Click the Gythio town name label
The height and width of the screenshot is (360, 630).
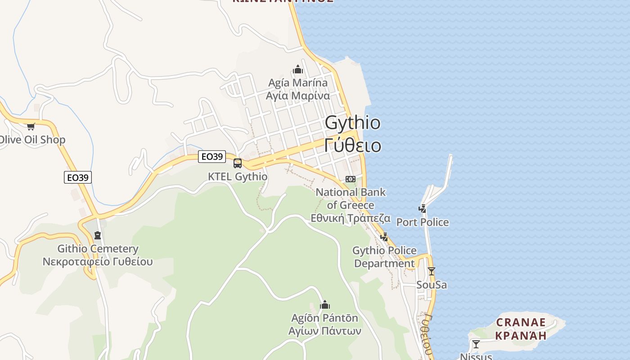pos(352,122)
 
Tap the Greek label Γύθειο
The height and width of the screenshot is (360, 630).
pos(352,145)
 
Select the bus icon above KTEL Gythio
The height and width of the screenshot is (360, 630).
pos(238,163)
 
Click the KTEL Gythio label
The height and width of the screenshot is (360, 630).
pos(238,176)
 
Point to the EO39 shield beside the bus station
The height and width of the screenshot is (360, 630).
pos(212,157)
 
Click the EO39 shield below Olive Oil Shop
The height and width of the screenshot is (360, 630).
pos(78,177)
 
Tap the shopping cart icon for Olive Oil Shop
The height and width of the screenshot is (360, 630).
pos(31,126)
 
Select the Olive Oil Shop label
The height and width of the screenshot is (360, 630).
pos(32,139)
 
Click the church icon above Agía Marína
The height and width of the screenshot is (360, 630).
pos(298,69)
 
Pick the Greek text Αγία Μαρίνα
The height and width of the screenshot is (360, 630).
pos(298,96)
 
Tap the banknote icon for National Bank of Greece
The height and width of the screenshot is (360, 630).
pos(351,179)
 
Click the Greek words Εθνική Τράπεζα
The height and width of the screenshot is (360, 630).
pos(351,218)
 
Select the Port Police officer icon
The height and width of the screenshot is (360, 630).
pos(423,209)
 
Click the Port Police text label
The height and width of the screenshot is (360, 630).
pos(423,222)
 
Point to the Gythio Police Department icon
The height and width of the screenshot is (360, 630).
pos(384,237)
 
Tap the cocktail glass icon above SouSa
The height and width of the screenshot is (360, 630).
pos(432,271)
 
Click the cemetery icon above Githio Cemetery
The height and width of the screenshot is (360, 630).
pos(98,235)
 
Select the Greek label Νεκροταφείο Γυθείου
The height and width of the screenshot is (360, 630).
pos(98,261)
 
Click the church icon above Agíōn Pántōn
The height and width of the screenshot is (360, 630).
pos(325,305)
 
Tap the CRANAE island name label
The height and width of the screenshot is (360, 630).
pos(521,323)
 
